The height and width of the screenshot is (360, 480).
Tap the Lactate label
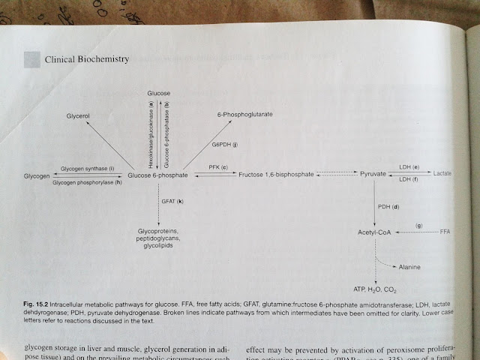442,173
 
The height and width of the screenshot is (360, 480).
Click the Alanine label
409,267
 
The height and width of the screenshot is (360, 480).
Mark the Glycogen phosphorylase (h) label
87,183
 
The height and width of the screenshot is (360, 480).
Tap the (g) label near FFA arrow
419,225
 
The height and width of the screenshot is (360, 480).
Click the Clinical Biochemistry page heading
88,58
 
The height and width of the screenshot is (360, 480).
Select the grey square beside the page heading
32,58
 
